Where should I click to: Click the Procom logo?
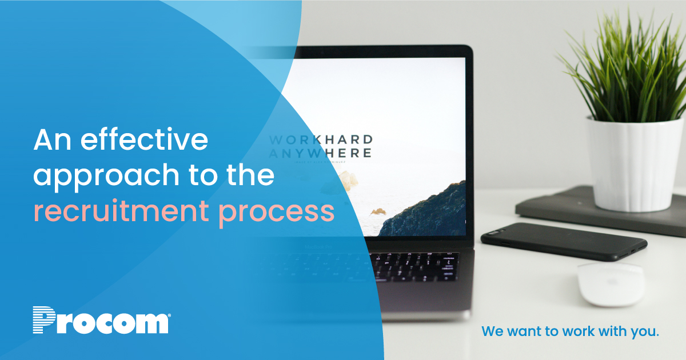101,321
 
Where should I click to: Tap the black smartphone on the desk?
563,241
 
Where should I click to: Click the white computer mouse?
610,283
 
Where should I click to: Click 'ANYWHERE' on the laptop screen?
320,153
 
